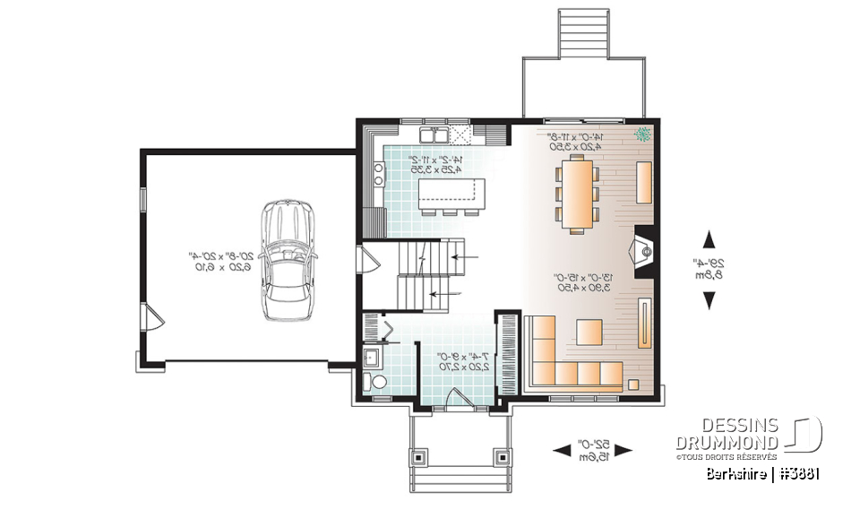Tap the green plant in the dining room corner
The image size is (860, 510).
point(642,136)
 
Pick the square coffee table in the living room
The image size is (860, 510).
point(589,332)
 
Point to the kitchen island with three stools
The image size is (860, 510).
point(451,194)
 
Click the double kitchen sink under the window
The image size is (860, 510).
point(436,136)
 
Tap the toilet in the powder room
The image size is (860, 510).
point(377,384)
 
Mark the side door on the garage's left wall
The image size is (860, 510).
point(151,316)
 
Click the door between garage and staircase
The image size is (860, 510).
point(366,261)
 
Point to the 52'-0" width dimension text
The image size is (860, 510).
point(592,450)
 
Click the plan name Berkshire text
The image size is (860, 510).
point(735,473)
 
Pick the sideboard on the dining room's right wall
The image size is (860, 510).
point(643,182)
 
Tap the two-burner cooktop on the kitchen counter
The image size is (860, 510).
point(377,172)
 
